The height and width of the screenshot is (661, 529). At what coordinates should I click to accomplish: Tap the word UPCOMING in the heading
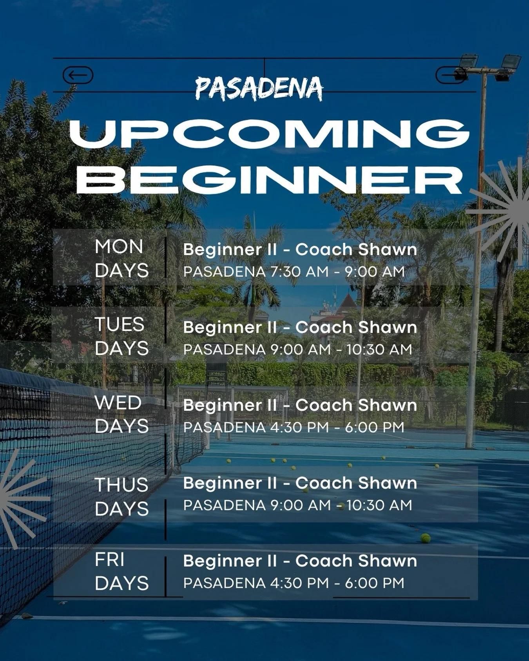(x=270, y=134)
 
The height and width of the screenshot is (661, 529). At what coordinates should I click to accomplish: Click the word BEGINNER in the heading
(x=270, y=179)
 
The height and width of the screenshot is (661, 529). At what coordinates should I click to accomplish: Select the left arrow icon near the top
(x=78, y=75)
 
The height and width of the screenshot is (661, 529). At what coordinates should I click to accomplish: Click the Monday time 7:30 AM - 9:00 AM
(x=337, y=272)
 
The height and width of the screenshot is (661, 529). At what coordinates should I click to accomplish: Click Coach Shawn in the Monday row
(x=356, y=250)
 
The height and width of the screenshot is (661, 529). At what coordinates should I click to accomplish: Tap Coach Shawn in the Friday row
(x=356, y=561)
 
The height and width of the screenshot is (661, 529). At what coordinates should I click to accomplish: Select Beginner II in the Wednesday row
(x=230, y=405)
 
